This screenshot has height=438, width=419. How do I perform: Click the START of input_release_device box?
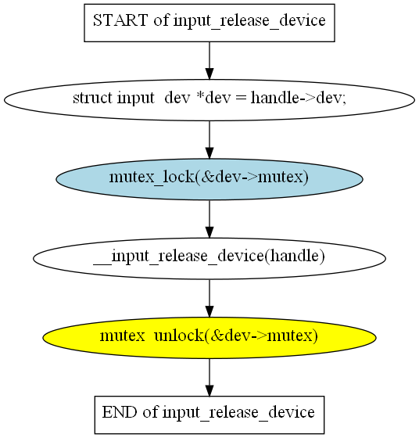[209, 23]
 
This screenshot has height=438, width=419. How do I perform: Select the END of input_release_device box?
[209, 415]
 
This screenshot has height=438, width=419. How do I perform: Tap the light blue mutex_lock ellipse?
[209, 179]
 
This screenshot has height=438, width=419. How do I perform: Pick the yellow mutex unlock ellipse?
[209, 338]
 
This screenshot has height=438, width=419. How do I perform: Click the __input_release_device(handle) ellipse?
[209, 259]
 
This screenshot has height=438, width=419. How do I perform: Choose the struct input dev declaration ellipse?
[209, 100]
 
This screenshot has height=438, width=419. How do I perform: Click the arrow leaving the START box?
[209, 61]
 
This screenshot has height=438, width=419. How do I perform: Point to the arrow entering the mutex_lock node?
[209, 140]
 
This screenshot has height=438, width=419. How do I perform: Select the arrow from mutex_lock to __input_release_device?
[209, 219]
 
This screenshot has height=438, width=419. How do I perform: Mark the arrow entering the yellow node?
[209, 298]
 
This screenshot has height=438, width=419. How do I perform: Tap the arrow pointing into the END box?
[209, 377]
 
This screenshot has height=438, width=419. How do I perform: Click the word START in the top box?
[120, 20]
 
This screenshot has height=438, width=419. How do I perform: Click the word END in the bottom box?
[120, 412]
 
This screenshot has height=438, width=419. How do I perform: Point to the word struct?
[93, 98]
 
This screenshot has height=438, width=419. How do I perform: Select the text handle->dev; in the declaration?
[298, 98]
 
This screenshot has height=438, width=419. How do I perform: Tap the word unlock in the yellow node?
[179, 336]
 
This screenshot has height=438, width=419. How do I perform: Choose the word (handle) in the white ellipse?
[295, 256]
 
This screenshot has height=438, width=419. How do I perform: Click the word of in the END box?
[150, 412]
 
